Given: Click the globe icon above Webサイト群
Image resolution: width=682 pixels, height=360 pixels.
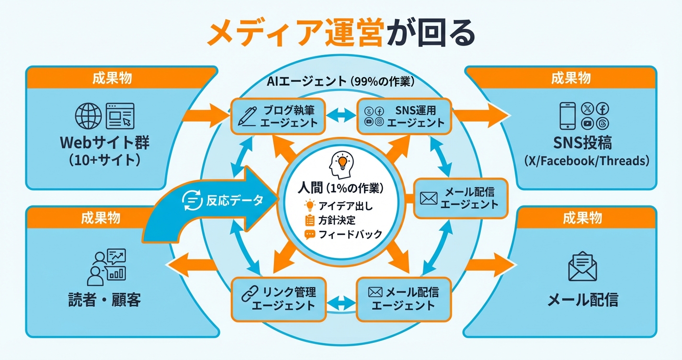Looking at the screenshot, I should (89, 116).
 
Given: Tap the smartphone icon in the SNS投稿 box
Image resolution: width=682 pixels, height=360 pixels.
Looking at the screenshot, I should (567, 116).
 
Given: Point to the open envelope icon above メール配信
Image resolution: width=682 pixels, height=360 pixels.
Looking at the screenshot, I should (582, 266).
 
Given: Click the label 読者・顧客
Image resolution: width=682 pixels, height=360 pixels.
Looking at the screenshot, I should (104, 301).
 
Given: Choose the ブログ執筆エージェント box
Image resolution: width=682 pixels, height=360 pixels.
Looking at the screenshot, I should (278, 116).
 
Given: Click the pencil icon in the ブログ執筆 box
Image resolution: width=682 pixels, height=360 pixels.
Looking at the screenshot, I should (247, 116).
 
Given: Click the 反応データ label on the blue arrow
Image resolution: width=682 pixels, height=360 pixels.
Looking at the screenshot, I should (235, 201).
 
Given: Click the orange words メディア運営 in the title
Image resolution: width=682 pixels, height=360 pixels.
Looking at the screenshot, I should (297, 34).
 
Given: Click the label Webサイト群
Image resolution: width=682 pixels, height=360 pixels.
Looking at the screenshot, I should (104, 142).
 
